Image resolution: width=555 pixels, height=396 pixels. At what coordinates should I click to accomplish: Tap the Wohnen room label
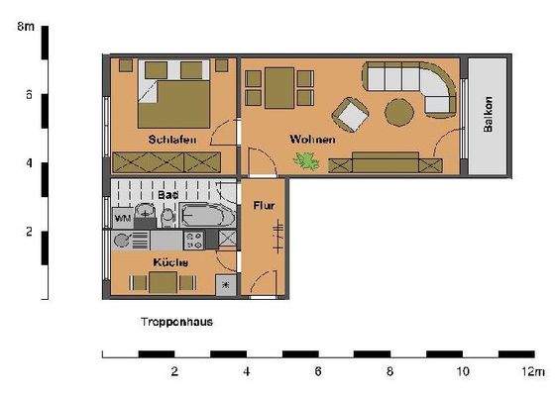click(312, 140)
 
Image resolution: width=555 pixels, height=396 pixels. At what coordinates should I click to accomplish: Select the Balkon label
click(488, 115)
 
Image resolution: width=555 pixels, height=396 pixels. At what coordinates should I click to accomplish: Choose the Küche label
click(165, 262)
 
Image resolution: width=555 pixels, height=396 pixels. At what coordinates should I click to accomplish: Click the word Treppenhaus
click(177, 323)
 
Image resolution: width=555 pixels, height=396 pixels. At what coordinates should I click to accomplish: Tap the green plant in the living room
click(309, 161)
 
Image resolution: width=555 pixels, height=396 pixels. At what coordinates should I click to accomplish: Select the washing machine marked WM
click(124, 217)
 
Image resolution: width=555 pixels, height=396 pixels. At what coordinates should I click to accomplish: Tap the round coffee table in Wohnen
click(399, 110)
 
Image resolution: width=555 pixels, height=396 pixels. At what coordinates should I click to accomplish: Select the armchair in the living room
click(350, 115)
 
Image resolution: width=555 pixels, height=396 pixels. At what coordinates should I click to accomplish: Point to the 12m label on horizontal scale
click(534, 372)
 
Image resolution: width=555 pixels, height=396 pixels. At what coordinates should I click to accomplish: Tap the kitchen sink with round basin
click(123, 241)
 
